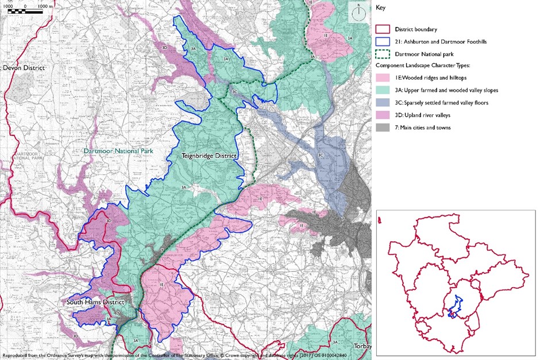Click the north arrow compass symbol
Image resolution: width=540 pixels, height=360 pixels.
(x=358, y=13)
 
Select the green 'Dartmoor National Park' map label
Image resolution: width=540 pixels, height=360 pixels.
(x=113, y=152)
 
